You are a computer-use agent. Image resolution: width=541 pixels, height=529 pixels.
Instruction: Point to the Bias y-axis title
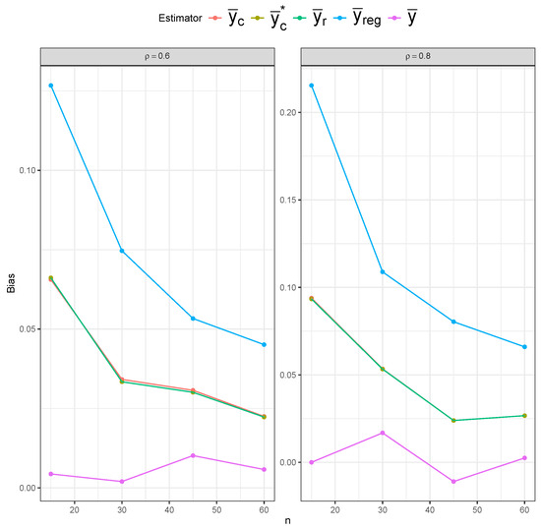[x=9, y=284]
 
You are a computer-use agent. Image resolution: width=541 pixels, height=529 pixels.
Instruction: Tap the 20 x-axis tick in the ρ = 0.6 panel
[x=74, y=507]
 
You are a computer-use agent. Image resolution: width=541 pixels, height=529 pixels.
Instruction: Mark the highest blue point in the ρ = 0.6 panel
[x=51, y=86]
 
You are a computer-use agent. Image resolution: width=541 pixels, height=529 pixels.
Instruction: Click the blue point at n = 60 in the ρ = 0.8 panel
[x=524, y=347]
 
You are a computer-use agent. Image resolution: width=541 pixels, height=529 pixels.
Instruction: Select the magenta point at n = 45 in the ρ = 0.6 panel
[x=193, y=455]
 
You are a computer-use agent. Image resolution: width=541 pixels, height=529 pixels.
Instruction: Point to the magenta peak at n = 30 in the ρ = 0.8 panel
[x=383, y=433]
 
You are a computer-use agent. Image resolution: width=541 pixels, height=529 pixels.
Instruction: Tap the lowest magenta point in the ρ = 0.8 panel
[x=453, y=482]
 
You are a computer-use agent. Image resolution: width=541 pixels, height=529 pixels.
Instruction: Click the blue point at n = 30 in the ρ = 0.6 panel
[x=122, y=251]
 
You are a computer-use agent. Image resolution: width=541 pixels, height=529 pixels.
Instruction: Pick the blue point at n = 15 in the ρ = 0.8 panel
[x=312, y=86]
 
